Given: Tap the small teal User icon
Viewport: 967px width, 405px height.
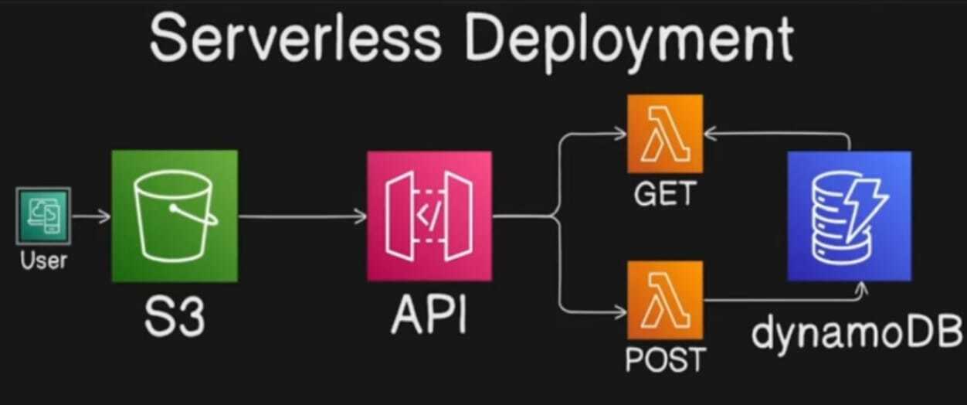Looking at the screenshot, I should tap(43, 216).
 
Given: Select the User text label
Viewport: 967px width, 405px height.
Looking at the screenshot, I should tap(43, 260).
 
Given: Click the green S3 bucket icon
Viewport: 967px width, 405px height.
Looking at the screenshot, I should tap(175, 216).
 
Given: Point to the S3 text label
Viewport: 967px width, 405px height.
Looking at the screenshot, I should tap(174, 315).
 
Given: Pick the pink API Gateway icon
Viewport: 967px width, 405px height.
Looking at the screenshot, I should tap(429, 216).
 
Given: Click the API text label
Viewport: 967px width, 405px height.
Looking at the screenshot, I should tap(429, 315).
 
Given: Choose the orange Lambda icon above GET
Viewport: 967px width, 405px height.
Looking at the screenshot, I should tap(665, 134).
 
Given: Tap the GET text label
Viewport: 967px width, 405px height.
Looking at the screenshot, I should tap(665, 195).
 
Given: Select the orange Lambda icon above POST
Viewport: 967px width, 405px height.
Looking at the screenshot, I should tap(665, 300).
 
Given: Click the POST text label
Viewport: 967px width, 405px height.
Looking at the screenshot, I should tap(665, 360).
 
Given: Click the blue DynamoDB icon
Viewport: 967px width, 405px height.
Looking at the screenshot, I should tap(849, 216).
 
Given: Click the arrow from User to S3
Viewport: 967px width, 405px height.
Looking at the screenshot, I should tap(91, 216).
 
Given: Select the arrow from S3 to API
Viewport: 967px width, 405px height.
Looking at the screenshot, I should tap(301, 216).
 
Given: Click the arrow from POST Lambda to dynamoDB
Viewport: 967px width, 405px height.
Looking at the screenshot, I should tap(780, 300).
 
